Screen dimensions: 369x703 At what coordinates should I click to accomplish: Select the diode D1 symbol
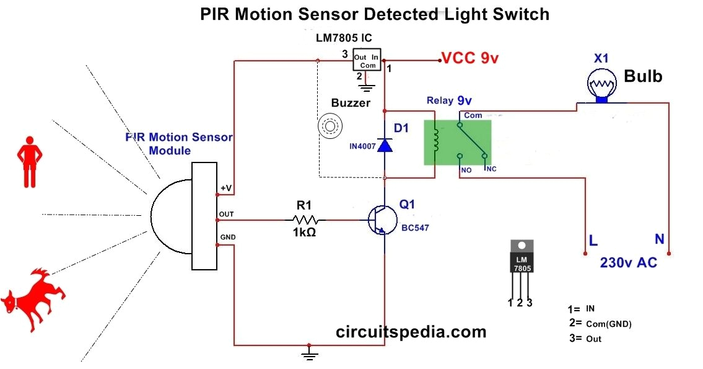[385, 145]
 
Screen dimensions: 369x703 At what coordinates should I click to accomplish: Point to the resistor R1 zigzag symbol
[305, 220]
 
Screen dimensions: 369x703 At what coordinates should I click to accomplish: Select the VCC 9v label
[469, 59]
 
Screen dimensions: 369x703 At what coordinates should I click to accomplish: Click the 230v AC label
[628, 263]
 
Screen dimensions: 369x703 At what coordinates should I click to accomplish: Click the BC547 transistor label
[415, 228]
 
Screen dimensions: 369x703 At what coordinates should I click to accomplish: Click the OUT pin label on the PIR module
[225, 214]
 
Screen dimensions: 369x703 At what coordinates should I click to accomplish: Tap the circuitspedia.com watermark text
[411, 332]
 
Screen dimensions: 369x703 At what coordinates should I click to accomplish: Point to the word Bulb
[643, 76]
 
